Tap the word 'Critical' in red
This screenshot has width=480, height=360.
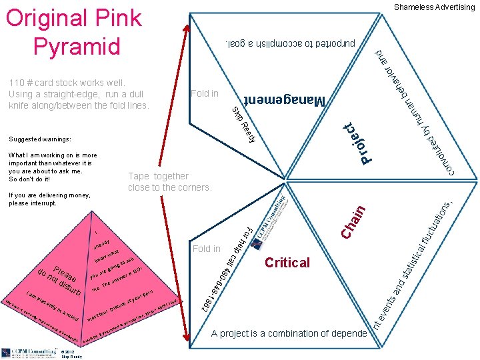[x=287, y=263]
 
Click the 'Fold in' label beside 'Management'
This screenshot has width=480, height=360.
[x=204, y=93]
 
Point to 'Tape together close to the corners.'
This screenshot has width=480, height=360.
[x=169, y=182]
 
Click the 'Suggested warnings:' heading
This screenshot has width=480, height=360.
[x=40, y=139]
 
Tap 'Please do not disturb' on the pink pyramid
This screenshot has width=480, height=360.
[x=61, y=281]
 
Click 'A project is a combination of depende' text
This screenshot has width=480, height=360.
[x=288, y=333]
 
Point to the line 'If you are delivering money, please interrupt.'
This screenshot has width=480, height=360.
[x=42, y=199]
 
